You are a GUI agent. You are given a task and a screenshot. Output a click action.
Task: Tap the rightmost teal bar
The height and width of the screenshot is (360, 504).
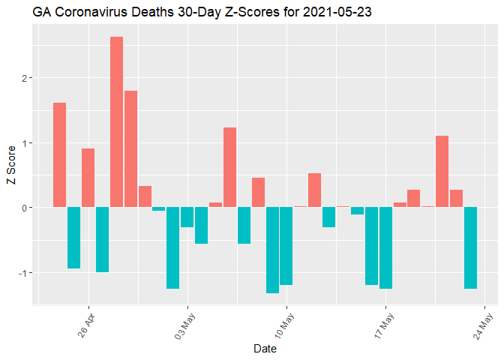(470, 247)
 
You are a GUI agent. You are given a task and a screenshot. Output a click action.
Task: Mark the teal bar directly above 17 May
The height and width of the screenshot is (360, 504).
(385, 247)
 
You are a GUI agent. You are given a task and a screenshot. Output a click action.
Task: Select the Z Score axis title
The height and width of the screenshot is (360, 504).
(10, 169)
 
